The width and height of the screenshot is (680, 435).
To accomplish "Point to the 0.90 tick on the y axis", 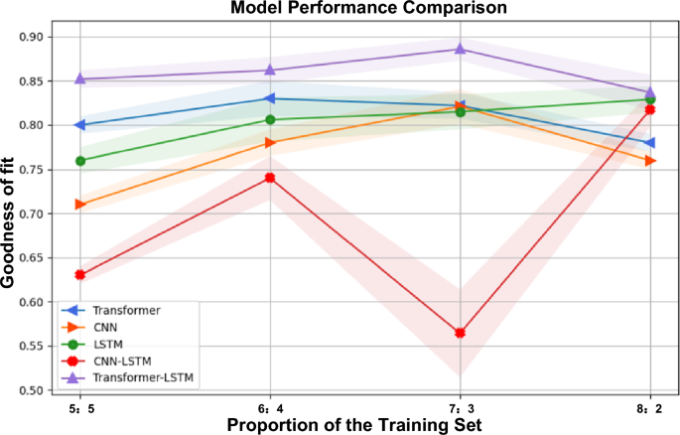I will [x=39, y=37].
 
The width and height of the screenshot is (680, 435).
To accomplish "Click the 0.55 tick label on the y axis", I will [x=39, y=347].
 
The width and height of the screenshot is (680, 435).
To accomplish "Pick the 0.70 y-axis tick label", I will [x=39, y=214].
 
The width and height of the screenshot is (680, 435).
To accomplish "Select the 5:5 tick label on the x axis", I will [x=80, y=406].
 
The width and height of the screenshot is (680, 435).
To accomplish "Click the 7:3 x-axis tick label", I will [x=460, y=406].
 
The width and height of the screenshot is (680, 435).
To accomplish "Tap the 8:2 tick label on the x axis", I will [x=649, y=406].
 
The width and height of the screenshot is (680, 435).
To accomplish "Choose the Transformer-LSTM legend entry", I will [x=141, y=377].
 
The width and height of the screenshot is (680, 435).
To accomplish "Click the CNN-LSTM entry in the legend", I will [x=125, y=361].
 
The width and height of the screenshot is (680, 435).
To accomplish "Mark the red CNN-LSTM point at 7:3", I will [x=460, y=333].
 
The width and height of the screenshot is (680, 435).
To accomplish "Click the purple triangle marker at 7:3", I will [x=460, y=49].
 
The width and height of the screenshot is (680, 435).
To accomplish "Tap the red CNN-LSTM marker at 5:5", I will [x=80, y=275].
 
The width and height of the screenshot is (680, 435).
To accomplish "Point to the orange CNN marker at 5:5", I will [x=80, y=205].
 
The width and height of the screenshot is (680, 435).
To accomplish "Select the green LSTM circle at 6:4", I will [x=270, y=119].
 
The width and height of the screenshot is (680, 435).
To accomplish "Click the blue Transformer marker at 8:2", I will [x=649, y=143].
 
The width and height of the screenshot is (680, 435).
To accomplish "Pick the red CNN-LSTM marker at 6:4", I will [x=270, y=178].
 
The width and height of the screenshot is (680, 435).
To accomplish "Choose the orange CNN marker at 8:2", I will [x=649, y=160].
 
